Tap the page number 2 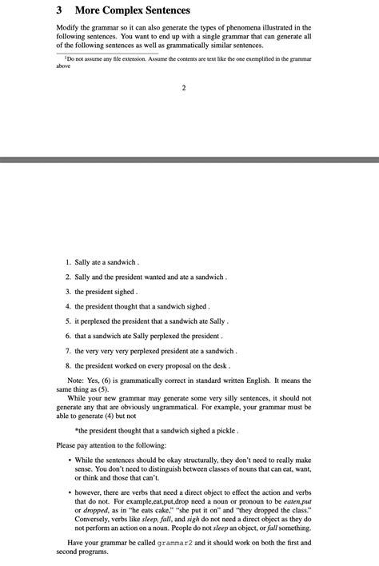(x=183, y=87)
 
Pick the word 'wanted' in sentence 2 (x=160, y=277)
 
